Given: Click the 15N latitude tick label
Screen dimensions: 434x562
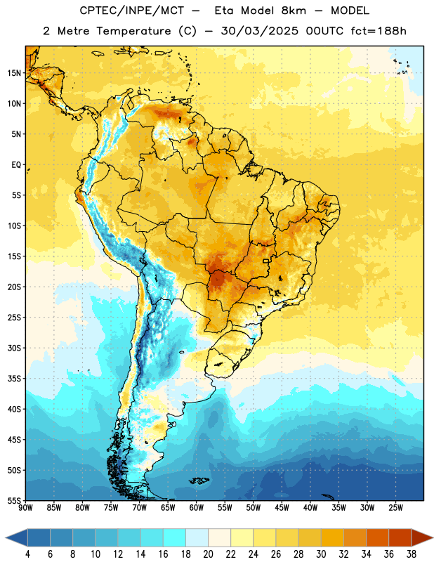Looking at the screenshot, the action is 14,73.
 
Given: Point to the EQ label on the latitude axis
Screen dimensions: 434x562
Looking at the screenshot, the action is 16,165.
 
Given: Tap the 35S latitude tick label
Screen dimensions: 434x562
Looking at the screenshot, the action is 14,379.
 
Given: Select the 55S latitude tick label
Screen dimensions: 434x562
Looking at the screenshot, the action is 14,500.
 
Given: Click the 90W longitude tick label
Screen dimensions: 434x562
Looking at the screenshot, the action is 25,508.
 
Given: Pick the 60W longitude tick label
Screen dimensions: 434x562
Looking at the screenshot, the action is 197,508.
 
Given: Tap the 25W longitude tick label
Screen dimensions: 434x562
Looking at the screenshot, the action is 395,508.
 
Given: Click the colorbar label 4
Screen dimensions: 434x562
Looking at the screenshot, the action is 27,554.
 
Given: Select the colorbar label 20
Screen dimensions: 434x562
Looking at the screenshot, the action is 208,554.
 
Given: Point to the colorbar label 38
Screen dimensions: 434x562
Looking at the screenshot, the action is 411,554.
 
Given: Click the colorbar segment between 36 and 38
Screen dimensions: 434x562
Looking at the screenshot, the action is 400,537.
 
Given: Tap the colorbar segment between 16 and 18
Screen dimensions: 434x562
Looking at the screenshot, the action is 175,537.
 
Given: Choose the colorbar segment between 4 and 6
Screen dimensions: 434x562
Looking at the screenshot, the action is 39,537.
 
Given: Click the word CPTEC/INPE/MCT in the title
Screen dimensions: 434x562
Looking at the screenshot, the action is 131,11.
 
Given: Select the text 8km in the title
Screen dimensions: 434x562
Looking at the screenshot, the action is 294,11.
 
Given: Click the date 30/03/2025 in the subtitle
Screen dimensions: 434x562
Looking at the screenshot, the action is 259,31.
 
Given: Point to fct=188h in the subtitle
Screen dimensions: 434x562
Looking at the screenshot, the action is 379,31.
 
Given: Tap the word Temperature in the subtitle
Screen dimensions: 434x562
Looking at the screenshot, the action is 133,32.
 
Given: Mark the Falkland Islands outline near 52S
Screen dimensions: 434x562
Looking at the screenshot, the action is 199,481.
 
